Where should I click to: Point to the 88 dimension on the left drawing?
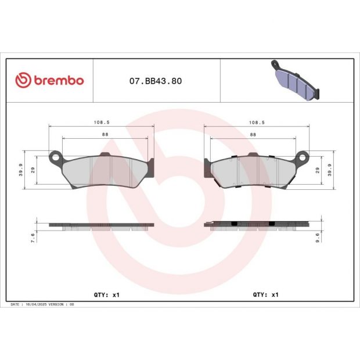pyautogui.click(x=105, y=134)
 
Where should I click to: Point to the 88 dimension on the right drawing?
pyautogui.click(x=253, y=134)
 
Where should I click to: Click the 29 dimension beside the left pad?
pyautogui.click(x=34, y=170)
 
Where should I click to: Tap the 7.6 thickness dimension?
pyautogui.click(x=34, y=237)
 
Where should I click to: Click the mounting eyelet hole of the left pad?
pyautogui.click(x=56, y=156)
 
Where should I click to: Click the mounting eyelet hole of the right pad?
pyautogui.click(x=303, y=156)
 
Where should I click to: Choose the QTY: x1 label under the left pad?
pyautogui.click(x=106, y=294)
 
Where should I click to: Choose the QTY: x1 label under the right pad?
pyautogui.click(x=266, y=294)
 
